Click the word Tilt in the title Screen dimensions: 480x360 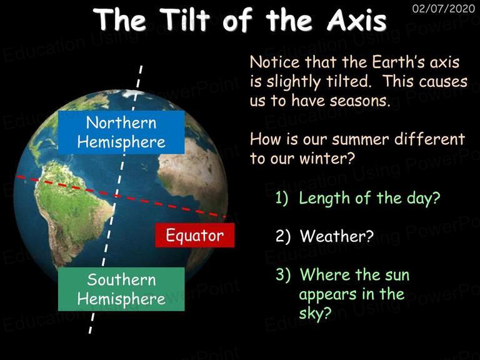pos(185,19)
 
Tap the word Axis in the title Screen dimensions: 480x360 pos(357,19)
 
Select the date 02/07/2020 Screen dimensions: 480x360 pos(444,8)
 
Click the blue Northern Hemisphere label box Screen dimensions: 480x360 pos(121,132)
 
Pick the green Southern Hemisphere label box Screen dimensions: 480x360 pos(121,289)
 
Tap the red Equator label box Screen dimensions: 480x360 pos(195,235)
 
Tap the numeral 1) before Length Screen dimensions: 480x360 pos(282,198)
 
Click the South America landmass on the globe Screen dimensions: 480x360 pos(72,208)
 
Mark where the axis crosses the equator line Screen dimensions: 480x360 pos(117,196)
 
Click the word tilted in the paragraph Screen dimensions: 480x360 pos(348,81)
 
